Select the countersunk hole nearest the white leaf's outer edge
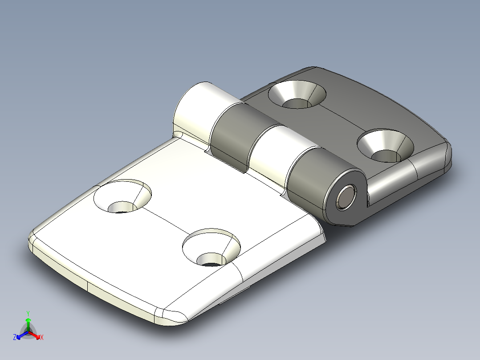click(122, 196)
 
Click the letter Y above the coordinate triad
click(28, 313)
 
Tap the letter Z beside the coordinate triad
click(15, 337)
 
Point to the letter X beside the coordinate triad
click(42, 337)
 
